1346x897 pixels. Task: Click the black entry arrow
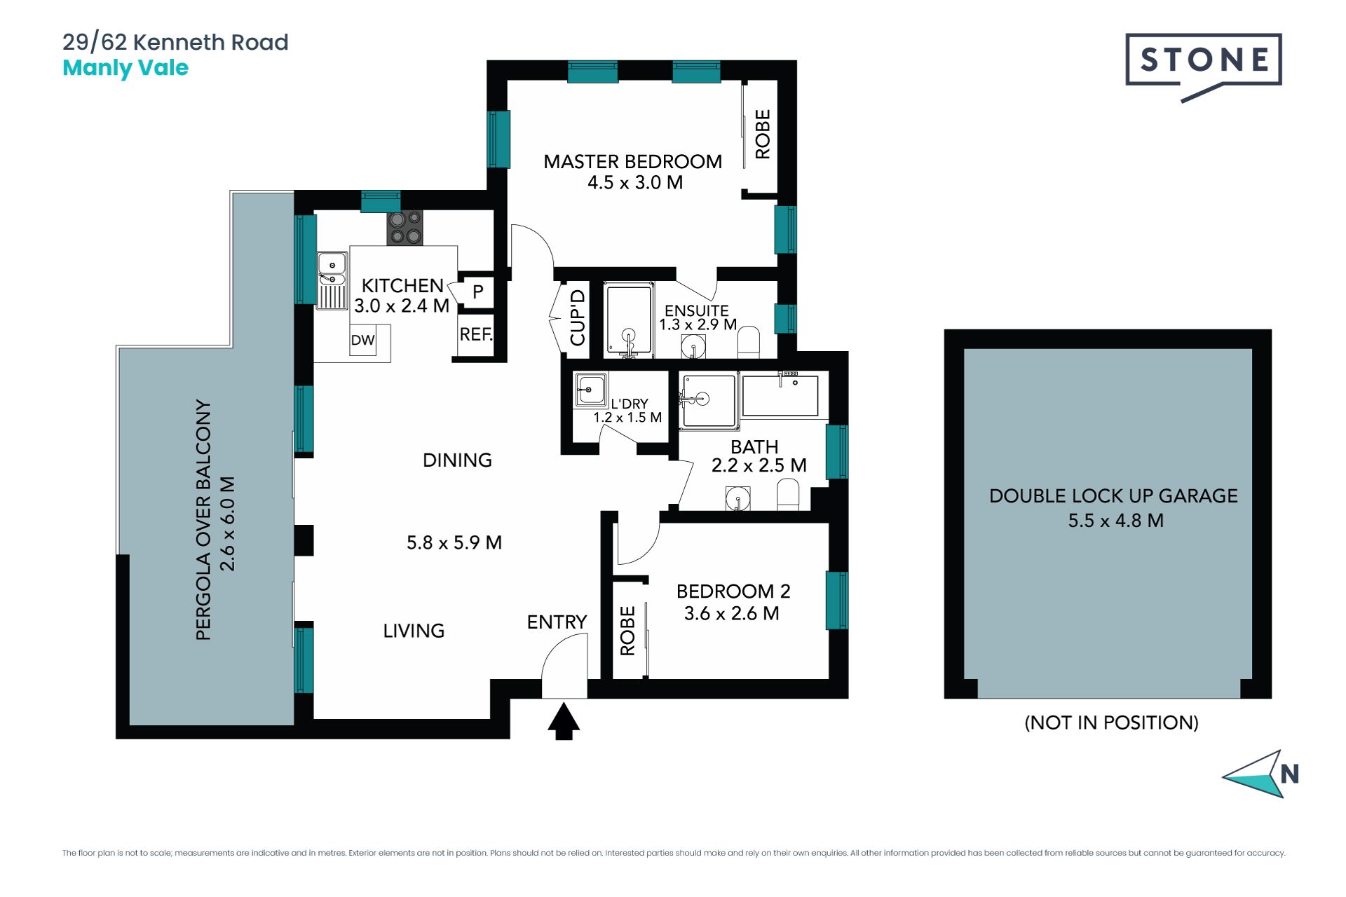[x=564, y=722]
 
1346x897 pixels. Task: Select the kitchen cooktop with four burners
[x=405, y=228]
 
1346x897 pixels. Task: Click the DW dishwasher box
[x=363, y=341]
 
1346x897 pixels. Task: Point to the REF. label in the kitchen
[x=476, y=334]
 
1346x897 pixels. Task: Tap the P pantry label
[x=477, y=292]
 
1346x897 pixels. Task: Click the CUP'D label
[x=578, y=317]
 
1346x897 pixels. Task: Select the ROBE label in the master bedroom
[x=763, y=134]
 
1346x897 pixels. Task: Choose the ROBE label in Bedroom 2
[x=627, y=631]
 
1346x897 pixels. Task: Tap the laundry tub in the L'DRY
[x=590, y=390]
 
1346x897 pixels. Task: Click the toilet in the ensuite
[x=749, y=341]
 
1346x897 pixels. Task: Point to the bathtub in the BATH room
[x=780, y=396]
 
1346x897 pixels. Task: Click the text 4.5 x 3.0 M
[x=635, y=183]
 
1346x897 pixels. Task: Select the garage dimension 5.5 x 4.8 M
[x=1116, y=521]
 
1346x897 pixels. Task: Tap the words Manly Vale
[x=125, y=68]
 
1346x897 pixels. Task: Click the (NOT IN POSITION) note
[x=1112, y=723]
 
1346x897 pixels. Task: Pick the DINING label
[x=457, y=460]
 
